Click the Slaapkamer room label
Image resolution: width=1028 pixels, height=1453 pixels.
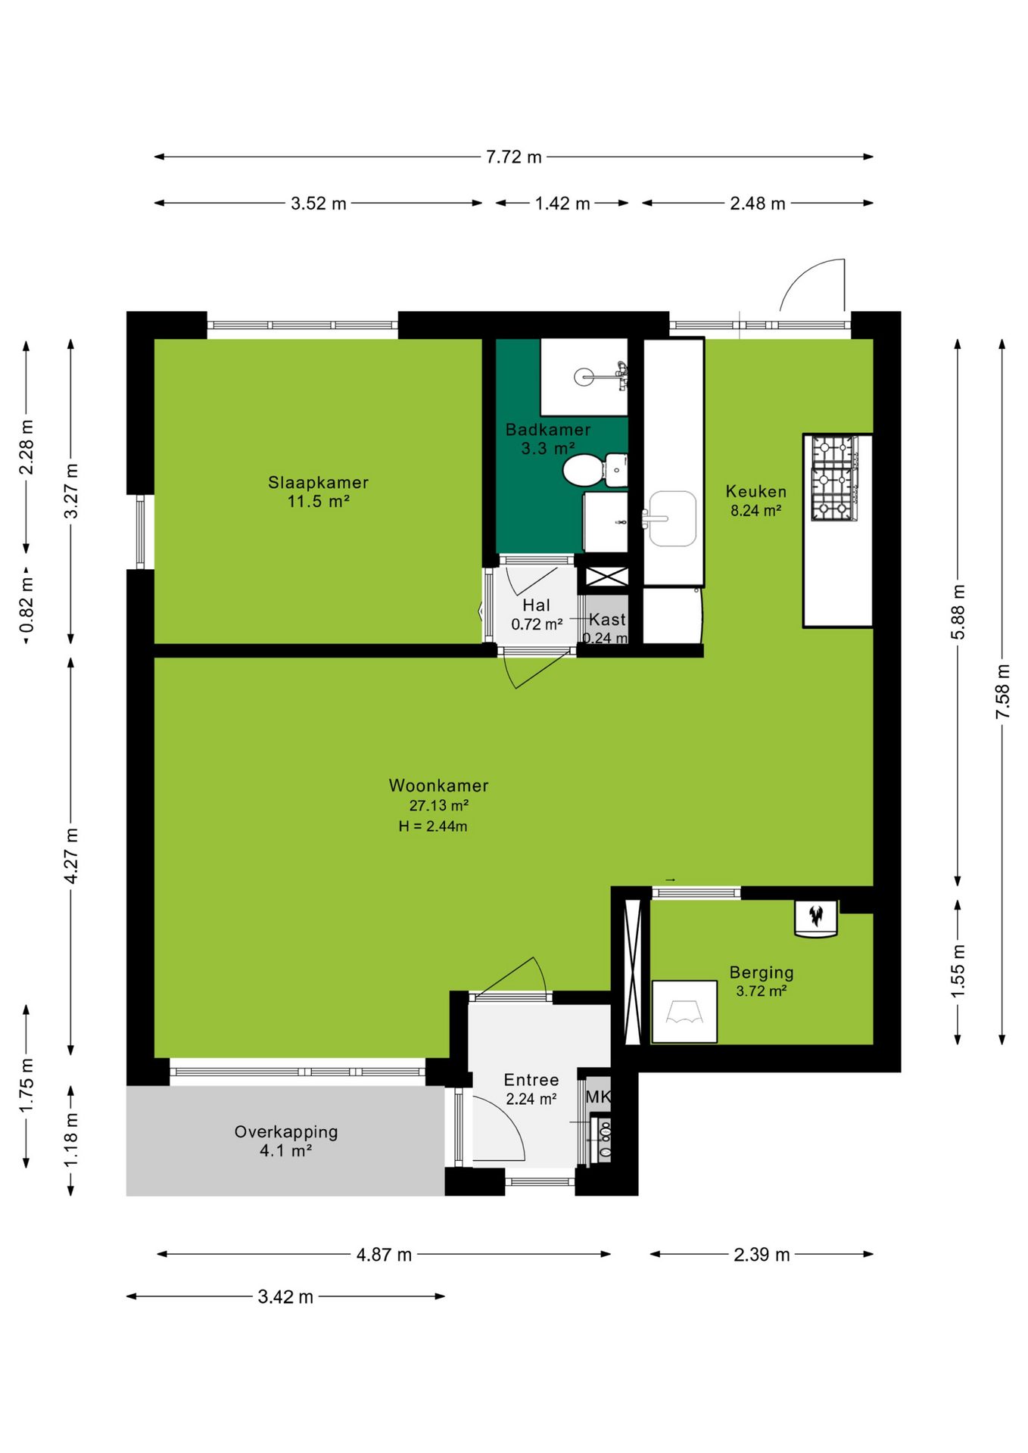point(318,482)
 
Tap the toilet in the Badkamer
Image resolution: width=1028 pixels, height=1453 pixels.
point(595,470)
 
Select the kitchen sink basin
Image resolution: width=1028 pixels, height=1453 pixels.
point(672,518)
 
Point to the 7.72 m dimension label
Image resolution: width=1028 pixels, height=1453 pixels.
point(514,157)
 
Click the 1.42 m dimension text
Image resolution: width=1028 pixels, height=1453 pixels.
point(562,204)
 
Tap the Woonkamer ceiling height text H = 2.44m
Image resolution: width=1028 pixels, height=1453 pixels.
point(433,826)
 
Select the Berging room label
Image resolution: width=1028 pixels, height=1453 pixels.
point(762,972)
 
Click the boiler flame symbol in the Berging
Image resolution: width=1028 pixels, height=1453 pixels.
point(816,916)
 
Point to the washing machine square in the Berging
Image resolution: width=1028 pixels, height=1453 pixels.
point(684,1012)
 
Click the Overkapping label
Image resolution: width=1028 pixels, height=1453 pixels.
point(286,1132)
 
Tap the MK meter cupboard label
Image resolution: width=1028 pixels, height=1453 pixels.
point(598,1097)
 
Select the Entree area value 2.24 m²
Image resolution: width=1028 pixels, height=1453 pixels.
point(531,1099)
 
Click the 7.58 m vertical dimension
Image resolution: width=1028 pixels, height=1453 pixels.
point(1002,692)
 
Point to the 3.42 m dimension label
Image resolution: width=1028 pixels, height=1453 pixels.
point(285,1296)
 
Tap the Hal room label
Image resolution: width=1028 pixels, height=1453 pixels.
point(536,605)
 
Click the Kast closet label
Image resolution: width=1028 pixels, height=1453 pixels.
point(607,620)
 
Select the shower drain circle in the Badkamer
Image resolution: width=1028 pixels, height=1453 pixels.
point(584,376)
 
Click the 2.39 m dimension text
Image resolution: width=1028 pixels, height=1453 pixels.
point(762,1255)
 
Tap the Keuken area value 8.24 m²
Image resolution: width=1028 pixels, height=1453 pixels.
point(755,511)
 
